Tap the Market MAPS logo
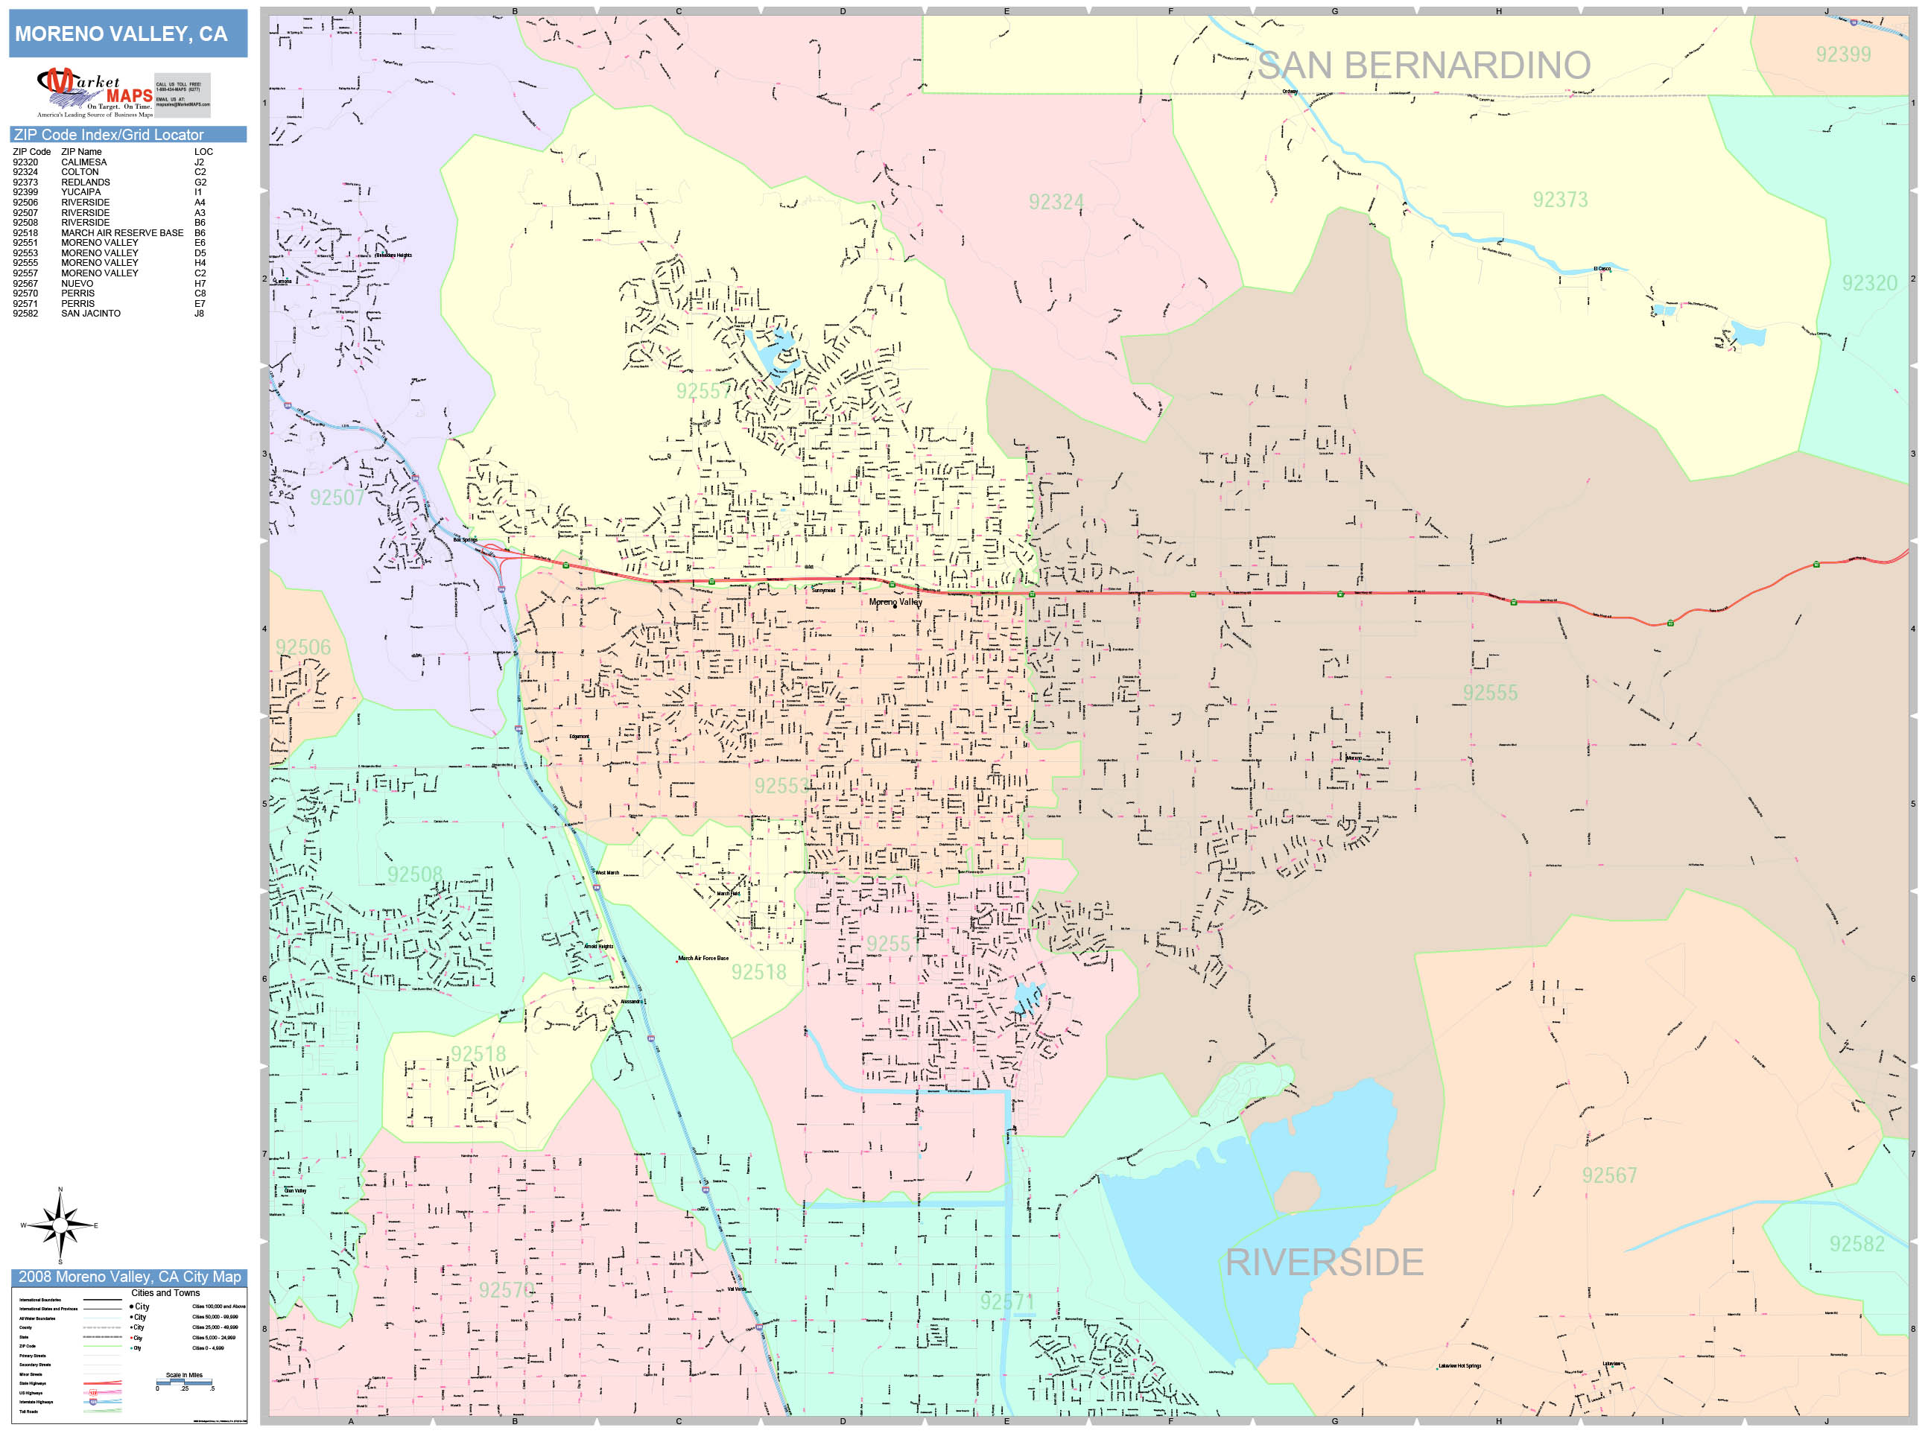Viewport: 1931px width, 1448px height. pyautogui.click(x=95, y=92)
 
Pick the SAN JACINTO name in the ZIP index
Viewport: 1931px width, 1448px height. pyautogui.click(x=91, y=314)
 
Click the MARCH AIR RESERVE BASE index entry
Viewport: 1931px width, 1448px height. pyautogui.click(x=122, y=233)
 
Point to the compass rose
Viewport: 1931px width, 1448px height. pyautogui.click(x=60, y=1225)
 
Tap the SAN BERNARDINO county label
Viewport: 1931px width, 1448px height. pyautogui.click(x=1423, y=66)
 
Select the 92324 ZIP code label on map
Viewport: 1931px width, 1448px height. pyautogui.click(x=1056, y=203)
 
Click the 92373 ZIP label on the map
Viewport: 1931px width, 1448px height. pyautogui.click(x=1560, y=200)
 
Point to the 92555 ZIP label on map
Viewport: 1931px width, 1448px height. pyautogui.click(x=1490, y=693)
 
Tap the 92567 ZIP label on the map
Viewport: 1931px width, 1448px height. pyautogui.click(x=1609, y=1175)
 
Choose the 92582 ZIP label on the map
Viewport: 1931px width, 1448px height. pyautogui.click(x=1857, y=1244)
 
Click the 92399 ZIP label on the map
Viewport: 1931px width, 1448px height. pyautogui.click(x=1843, y=55)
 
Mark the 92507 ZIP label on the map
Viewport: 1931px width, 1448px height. pyautogui.click(x=337, y=498)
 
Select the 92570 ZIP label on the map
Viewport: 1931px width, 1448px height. pyautogui.click(x=505, y=1290)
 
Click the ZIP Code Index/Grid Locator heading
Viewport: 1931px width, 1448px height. pyautogui.click(x=108, y=134)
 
